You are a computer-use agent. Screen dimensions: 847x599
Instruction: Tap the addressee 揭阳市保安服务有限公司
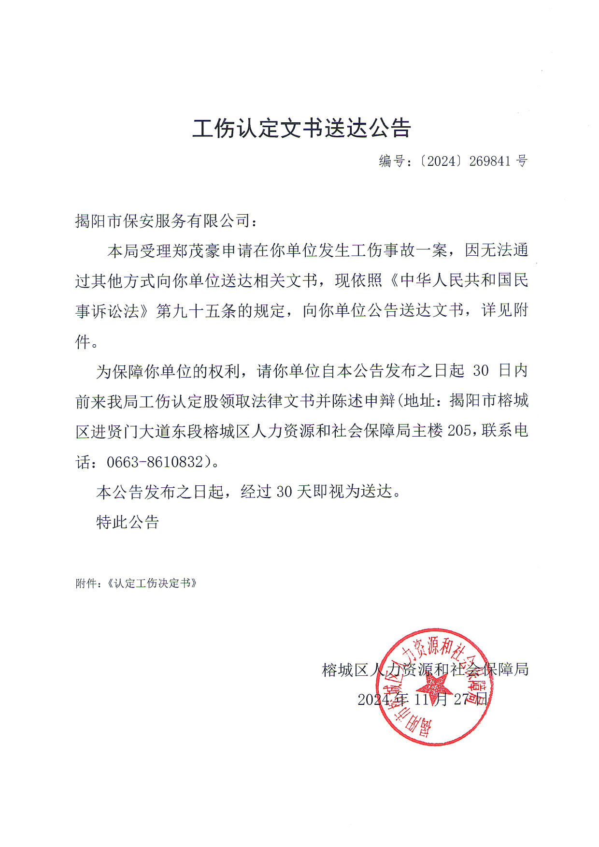[x=163, y=221]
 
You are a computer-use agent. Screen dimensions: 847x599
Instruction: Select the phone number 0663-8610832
[x=155, y=462]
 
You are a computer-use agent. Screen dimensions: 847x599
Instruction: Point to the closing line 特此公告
[x=128, y=522]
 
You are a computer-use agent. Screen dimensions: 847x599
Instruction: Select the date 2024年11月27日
[x=422, y=699]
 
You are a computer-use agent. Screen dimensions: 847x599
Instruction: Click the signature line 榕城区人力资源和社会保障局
[x=425, y=670]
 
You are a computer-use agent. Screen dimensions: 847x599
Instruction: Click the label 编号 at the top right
[x=391, y=161]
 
